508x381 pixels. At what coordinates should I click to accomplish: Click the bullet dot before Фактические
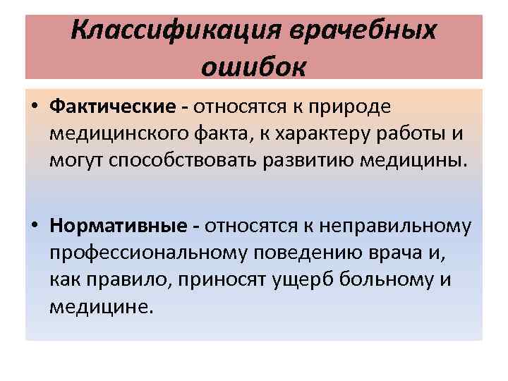[x=35, y=107]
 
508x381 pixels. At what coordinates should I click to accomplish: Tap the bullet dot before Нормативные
[x=35, y=226]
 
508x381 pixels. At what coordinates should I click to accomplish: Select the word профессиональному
[x=155, y=251]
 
